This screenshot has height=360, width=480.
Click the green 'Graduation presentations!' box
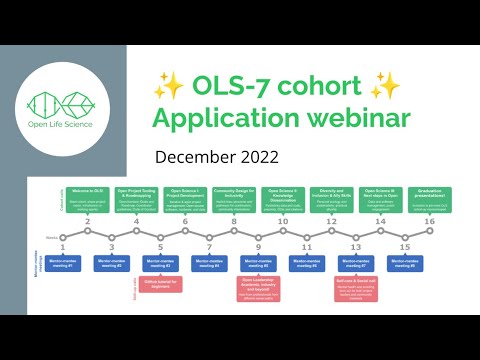429,196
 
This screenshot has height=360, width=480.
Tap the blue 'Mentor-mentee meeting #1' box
64,264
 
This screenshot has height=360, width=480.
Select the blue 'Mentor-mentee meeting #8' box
403,264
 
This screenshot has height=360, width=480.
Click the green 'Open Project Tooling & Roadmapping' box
136,196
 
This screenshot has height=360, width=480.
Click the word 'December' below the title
191,157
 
